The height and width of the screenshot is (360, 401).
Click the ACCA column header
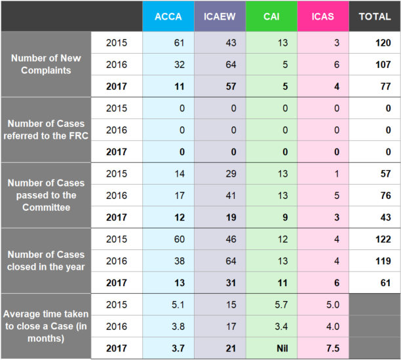coord(168,16)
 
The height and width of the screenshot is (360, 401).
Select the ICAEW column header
coord(220,16)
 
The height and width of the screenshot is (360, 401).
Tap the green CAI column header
coord(271,16)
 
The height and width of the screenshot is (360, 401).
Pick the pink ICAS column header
coord(322,16)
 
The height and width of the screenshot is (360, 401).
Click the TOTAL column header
coord(375,16)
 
